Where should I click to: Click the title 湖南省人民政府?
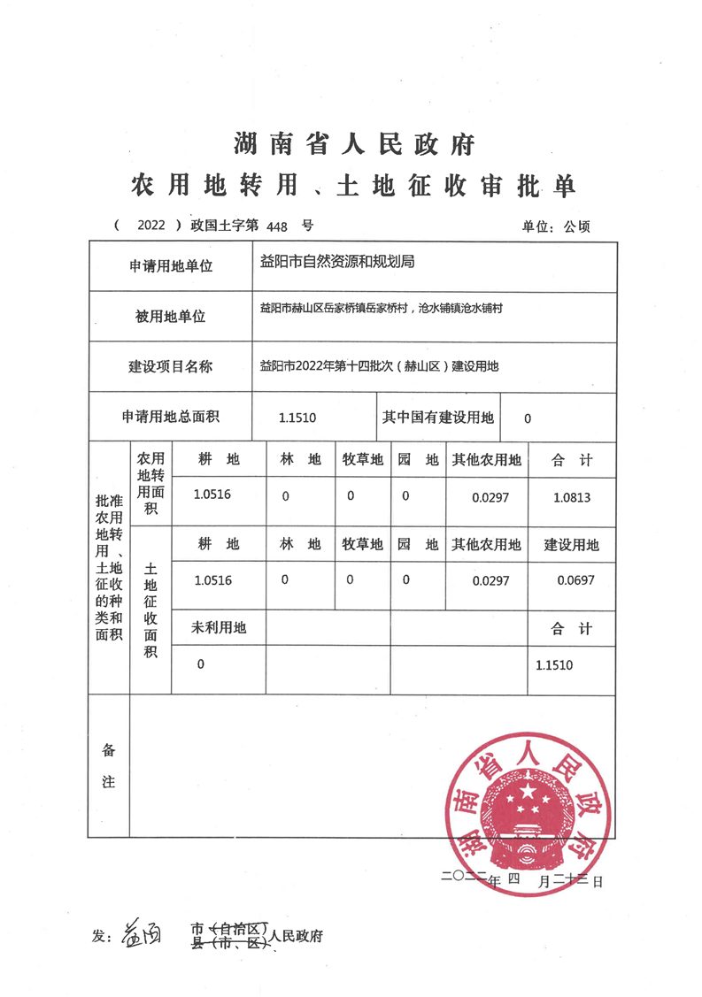point(354,142)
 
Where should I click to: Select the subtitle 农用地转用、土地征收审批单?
point(353,185)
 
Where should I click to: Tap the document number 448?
point(277,226)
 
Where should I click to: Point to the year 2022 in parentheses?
point(151,226)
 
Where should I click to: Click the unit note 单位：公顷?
point(557,226)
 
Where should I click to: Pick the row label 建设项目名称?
point(169,366)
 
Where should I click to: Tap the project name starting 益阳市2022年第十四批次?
point(379,365)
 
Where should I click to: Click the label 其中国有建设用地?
point(437,418)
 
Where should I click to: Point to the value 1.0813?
point(572,497)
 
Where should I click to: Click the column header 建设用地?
point(571,545)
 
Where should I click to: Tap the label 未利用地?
point(219,628)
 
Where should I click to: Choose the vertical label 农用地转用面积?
point(150,483)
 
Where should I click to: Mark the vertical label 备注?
point(109,766)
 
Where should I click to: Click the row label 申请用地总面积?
point(170,418)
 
